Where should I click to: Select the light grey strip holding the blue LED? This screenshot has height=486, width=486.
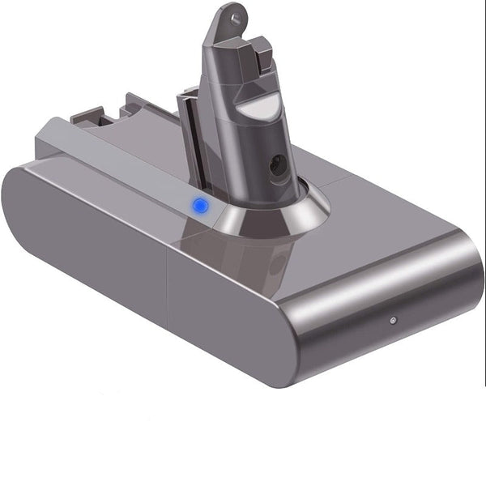122,166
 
